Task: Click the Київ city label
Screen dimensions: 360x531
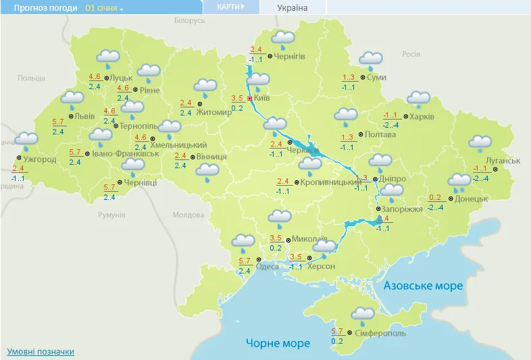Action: coord(262,99)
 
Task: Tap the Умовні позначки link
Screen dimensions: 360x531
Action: coord(41,352)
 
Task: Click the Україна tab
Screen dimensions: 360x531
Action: coord(292,7)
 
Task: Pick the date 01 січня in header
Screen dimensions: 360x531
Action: coord(101,8)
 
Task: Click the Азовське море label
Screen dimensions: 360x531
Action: coord(423,286)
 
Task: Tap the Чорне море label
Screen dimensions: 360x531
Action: coord(278,343)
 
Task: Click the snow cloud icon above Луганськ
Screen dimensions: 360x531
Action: coord(480,143)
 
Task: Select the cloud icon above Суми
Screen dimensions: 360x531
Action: coord(370,59)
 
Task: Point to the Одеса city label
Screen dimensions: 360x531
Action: coord(268,267)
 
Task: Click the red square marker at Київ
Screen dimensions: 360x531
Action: coord(249,99)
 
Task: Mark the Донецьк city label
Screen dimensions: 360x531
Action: coord(471,199)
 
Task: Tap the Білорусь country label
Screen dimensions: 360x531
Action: coord(189,21)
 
